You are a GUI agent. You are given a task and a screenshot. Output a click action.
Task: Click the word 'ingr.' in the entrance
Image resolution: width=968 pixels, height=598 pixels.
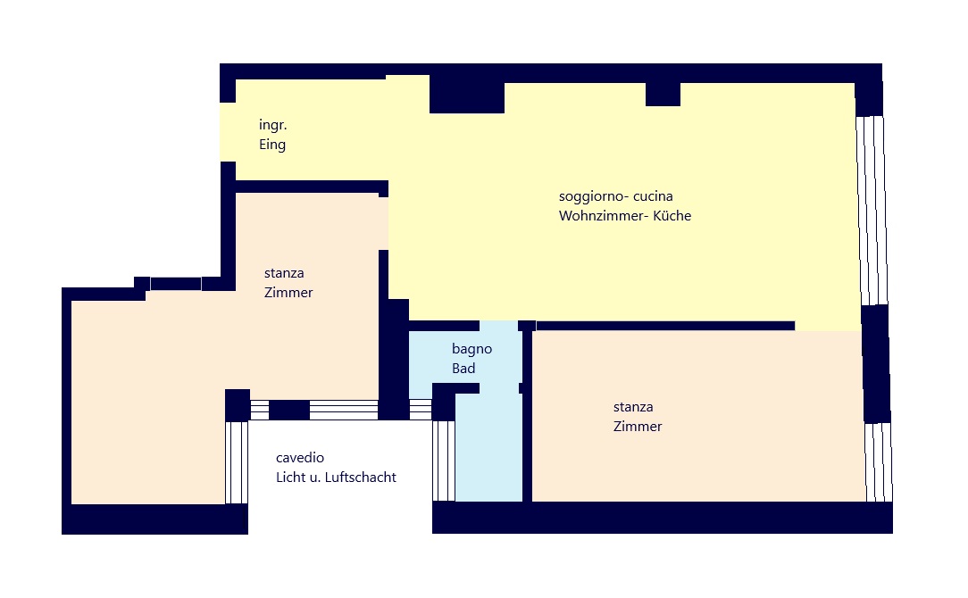coord(273,125)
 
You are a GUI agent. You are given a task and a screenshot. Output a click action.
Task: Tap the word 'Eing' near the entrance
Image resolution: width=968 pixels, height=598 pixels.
coord(272,145)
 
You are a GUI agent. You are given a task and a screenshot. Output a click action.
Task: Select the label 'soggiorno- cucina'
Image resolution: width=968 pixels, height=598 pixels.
coord(615,196)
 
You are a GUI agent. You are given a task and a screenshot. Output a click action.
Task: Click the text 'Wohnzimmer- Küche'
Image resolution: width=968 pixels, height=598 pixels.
coord(625,216)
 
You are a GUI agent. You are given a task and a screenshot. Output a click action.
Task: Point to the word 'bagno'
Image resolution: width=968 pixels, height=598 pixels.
coord(471,349)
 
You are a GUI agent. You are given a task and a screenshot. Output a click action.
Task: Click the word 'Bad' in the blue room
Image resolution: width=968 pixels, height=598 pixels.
coord(463,369)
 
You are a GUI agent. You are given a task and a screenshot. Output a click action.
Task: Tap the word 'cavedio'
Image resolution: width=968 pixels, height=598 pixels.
coord(300,458)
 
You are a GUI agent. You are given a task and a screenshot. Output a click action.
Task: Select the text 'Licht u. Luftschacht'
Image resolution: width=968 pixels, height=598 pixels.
coord(336,477)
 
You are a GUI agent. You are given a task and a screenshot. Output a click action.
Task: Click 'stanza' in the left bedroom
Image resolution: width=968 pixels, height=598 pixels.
coord(284,273)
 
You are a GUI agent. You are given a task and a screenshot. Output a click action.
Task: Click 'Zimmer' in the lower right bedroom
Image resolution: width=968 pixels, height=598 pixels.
coord(638,427)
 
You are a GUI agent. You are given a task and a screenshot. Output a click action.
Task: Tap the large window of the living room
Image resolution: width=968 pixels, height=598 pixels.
coord(871,210)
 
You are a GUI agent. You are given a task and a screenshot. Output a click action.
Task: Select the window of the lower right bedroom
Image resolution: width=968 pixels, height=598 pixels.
coord(879,461)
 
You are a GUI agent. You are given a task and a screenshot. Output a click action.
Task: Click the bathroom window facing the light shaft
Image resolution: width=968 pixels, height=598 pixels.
coord(444,461)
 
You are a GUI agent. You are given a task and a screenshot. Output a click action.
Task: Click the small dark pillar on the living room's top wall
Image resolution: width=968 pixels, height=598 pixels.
coord(663,94)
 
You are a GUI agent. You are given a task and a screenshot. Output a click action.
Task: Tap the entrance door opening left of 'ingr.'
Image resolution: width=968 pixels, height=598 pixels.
coord(228,132)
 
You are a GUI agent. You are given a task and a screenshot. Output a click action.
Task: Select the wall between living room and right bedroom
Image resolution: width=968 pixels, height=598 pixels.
coord(665,326)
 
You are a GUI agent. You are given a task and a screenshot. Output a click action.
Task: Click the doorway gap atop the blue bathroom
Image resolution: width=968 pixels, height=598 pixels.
coord(499,326)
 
